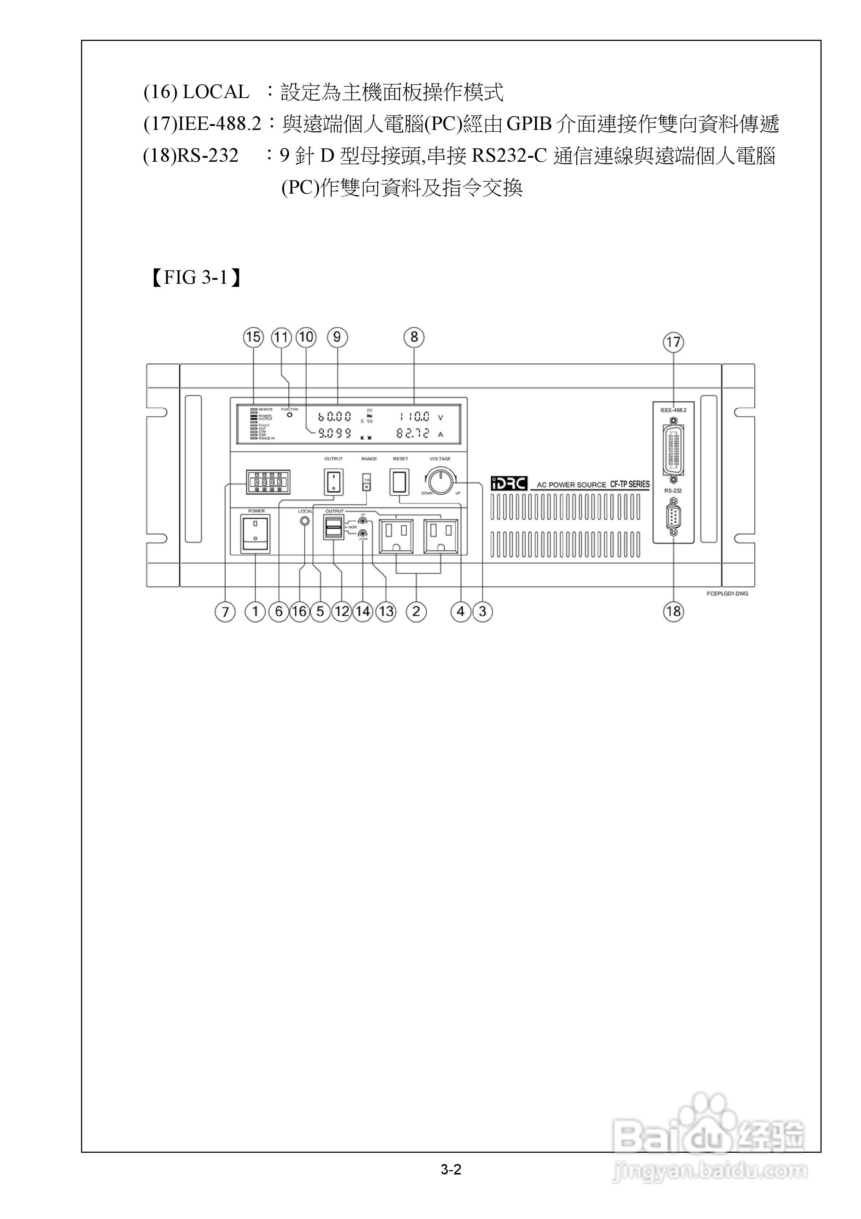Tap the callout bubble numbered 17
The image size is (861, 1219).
(673, 342)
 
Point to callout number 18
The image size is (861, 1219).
(673, 612)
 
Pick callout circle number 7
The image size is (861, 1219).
(225, 612)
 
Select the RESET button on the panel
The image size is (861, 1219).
(400, 481)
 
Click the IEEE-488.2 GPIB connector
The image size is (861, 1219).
(673, 449)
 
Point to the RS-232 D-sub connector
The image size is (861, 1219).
(673, 516)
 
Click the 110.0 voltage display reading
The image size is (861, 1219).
(415, 417)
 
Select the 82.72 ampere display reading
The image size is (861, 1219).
(412, 434)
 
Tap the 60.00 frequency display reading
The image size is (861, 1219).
(334, 417)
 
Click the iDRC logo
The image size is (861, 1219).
(509, 483)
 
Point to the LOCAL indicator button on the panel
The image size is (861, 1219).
(305, 521)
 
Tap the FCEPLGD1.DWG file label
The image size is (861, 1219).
(727, 594)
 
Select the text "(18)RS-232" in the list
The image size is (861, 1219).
(191, 156)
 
